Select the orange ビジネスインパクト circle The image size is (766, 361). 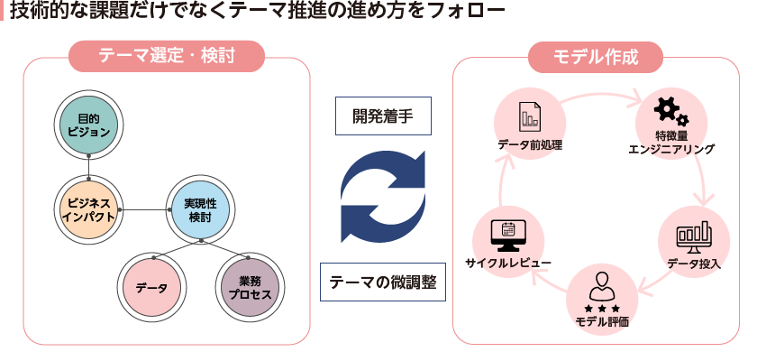[x=88, y=208]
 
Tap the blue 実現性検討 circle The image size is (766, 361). [x=200, y=208]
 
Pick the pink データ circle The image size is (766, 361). [x=152, y=288]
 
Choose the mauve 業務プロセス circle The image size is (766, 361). [x=250, y=288]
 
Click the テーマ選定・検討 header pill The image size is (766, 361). [x=167, y=57]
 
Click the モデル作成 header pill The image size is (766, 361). [x=596, y=57]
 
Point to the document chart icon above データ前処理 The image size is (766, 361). [x=529, y=116]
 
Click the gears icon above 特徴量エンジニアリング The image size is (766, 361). [x=670, y=111]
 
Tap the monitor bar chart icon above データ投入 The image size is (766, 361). [x=694, y=236]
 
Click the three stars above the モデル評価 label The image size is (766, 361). [x=601, y=309]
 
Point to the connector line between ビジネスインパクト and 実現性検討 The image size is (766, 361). [x=144, y=209]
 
